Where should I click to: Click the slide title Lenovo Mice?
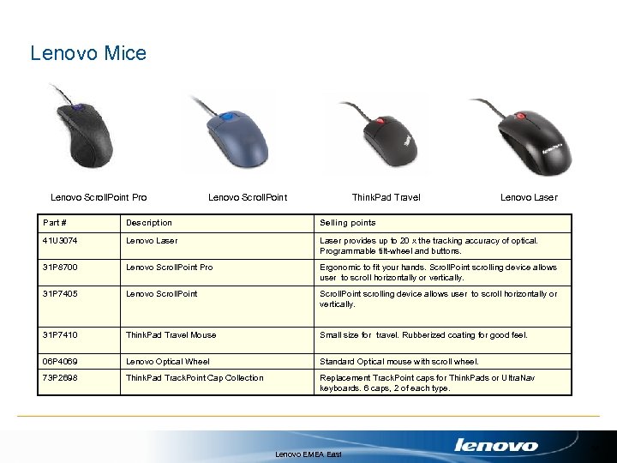click(x=88, y=53)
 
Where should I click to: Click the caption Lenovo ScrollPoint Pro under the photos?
click(x=99, y=197)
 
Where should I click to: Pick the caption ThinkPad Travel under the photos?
click(x=386, y=197)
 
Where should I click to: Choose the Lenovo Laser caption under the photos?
click(x=529, y=197)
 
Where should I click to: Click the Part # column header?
click(x=55, y=223)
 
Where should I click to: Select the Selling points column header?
click(x=347, y=223)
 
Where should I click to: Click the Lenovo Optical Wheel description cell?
click(x=168, y=362)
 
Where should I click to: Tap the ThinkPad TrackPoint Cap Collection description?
click(x=195, y=378)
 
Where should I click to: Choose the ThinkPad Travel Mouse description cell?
click(x=171, y=335)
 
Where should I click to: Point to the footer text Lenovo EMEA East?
click(x=308, y=454)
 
